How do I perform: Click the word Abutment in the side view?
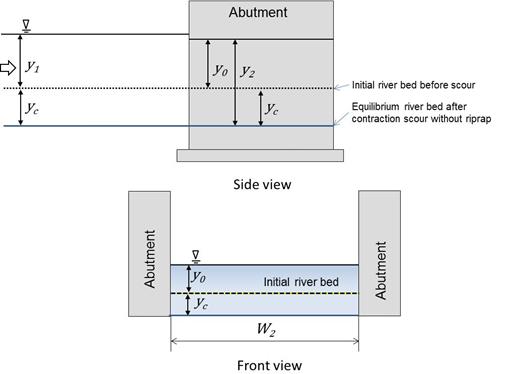click(x=258, y=13)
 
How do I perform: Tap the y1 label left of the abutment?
click(x=33, y=67)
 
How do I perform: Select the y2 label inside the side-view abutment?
click(x=248, y=73)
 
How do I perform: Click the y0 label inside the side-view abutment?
click(x=220, y=72)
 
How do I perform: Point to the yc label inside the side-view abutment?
click(x=273, y=105)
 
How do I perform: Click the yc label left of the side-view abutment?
click(x=33, y=106)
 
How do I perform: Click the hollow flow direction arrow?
click(x=10, y=68)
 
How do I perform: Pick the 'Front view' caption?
click(x=266, y=365)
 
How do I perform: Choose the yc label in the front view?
click(x=199, y=303)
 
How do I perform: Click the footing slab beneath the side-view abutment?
click(x=260, y=155)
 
